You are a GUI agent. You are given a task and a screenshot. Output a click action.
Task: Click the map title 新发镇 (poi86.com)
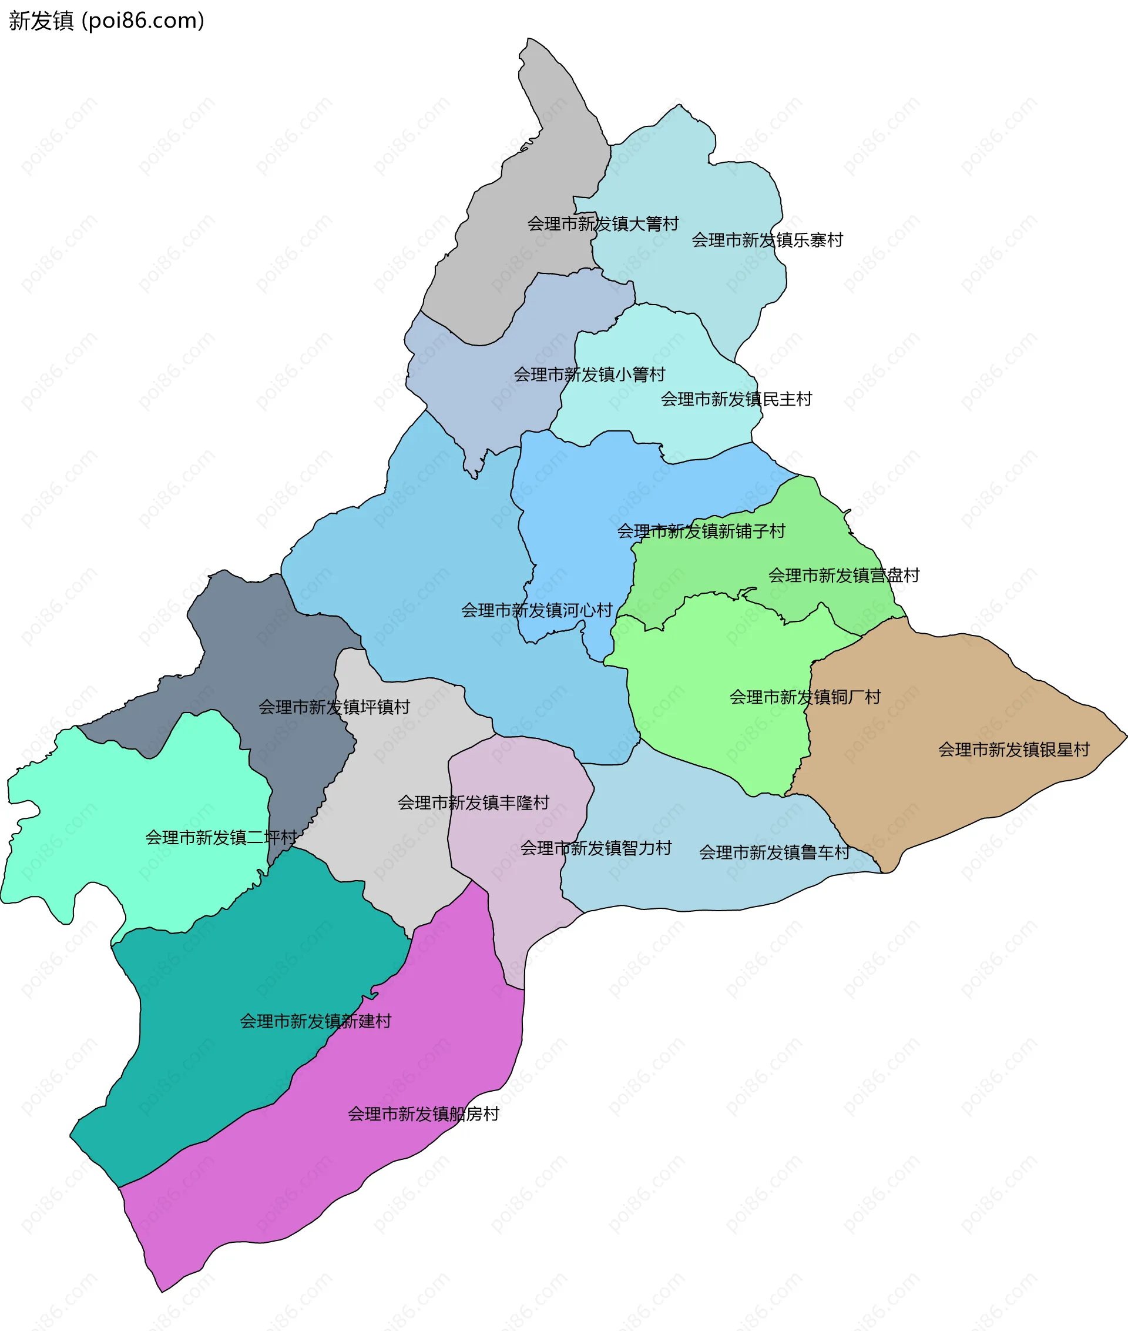pyautogui.click(x=106, y=21)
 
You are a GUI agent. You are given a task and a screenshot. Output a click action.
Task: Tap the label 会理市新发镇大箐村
pyautogui.click(x=602, y=224)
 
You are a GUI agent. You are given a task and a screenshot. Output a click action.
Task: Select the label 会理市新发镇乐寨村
pyautogui.click(x=767, y=240)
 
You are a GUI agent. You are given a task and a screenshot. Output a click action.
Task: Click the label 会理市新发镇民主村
pyautogui.click(x=736, y=399)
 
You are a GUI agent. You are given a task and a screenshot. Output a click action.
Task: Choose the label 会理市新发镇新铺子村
pyautogui.click(x=700, y=531)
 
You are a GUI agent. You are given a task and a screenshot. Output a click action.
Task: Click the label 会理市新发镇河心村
pyautogui.click(x=536, y=610)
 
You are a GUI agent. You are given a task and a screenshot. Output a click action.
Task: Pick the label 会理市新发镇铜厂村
pyautogui.click(x=805, y=697)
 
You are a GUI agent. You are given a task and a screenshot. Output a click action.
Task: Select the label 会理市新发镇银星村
pyautogui.click(x=1013, y=750)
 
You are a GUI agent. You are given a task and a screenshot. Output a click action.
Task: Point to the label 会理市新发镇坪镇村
pyautogui.click(x=334, y=707)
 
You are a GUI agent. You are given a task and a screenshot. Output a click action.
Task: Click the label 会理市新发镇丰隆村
pyautogui.click(x=473, y=802)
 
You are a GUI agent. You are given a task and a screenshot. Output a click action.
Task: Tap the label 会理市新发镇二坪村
pyautogui.click(x=221, y=838)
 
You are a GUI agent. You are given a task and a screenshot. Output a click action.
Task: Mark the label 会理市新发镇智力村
pyautogui.click(x=595, y=848)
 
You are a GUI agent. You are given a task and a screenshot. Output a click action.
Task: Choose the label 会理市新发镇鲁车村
pyautogui.click(x=774, y=852)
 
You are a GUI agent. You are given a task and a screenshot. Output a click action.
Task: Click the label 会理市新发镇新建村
pyautogui.click(x=315, y=1021)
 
